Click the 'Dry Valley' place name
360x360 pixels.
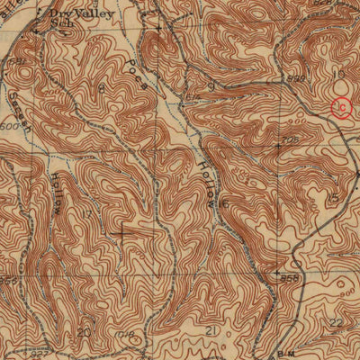(x=73, y=14)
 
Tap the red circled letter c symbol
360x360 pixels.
(x=341, y=108)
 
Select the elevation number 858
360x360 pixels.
(x=290, y=279)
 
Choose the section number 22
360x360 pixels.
(x=335, y=322)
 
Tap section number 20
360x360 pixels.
(x=84, y=332)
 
